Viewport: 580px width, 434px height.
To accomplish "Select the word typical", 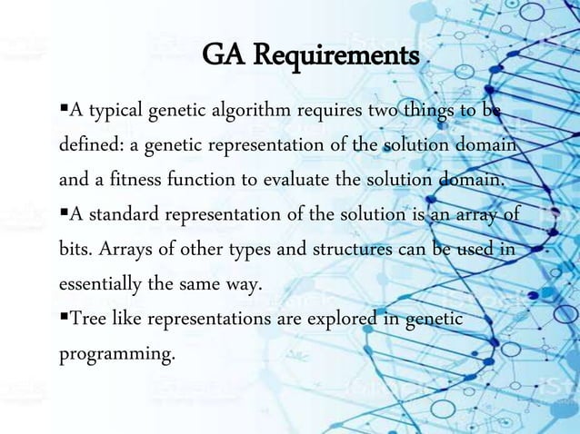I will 114,112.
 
